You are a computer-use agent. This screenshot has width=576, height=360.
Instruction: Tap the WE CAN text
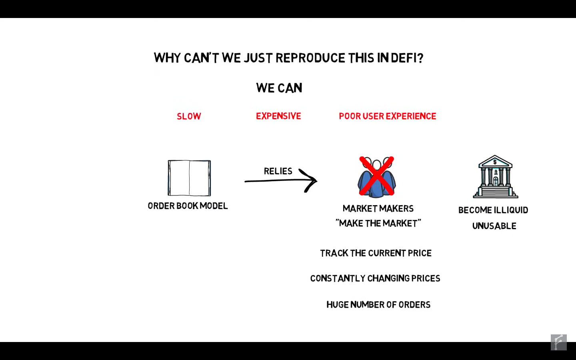pyautogui.click(x=279, y=88)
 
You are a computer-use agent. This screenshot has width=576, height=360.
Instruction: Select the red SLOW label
pyautogui.click(x=189, y=116)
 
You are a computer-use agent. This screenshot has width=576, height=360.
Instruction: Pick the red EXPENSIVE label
pyautogui.click(x=278, y=116)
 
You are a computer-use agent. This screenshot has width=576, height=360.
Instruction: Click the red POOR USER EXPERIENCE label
pyautogui.click(x=387, y=116)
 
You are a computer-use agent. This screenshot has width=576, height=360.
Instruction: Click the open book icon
pyautogui.click(x=189, y=178)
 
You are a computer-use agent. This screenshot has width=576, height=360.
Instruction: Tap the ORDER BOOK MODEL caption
pyautogui.click(x=188, y=206)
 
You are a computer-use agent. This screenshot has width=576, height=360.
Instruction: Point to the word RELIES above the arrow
pyautogui.click(x=278, y=171)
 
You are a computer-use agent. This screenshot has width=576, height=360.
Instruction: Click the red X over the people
pyautogui.click(x=376, y=176)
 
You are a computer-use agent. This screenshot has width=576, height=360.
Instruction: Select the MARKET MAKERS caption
pyautogui.click(x=378, y=208)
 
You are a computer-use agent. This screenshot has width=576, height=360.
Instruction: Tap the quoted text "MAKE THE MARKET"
pyautogui.click(x=378, y=223)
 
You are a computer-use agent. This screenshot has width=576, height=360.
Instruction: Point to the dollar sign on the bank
pyautogui.click(x=495, y=162)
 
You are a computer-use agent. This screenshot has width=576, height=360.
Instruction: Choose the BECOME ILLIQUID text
pyautogui.click(x=493, y=210)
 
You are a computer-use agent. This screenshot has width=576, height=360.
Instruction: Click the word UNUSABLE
pyautogui.click(x=494, y=226)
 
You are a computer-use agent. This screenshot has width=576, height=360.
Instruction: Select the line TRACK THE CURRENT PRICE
pyautogui.click(x=376, y=253)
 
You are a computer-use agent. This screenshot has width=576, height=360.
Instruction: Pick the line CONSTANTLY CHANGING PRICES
pyautogui.click(x=375, y=278)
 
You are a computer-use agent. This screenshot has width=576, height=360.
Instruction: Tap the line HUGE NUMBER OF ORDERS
pyautogui.click(x=378, y=305)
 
